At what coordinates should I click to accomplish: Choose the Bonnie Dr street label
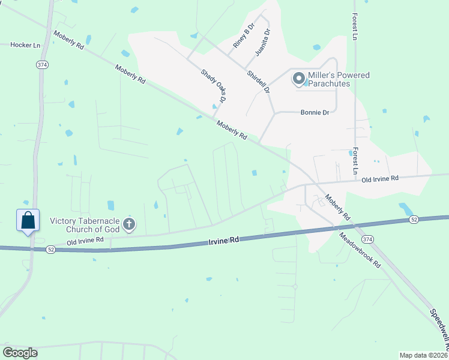coord(315,112)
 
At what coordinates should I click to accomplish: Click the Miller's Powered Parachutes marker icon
coord(298,79)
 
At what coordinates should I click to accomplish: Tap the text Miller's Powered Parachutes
coord(339,79)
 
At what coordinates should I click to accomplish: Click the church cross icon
coord(128,225)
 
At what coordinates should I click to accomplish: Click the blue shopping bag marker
coord(28,220)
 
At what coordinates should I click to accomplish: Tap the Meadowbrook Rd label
coord(360,250)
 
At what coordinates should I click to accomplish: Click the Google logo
coord(20,353)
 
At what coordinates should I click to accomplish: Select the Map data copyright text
coord(423,355)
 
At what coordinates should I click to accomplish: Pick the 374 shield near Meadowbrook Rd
coord(367,223)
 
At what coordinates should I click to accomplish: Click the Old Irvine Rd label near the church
coord(85,241)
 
